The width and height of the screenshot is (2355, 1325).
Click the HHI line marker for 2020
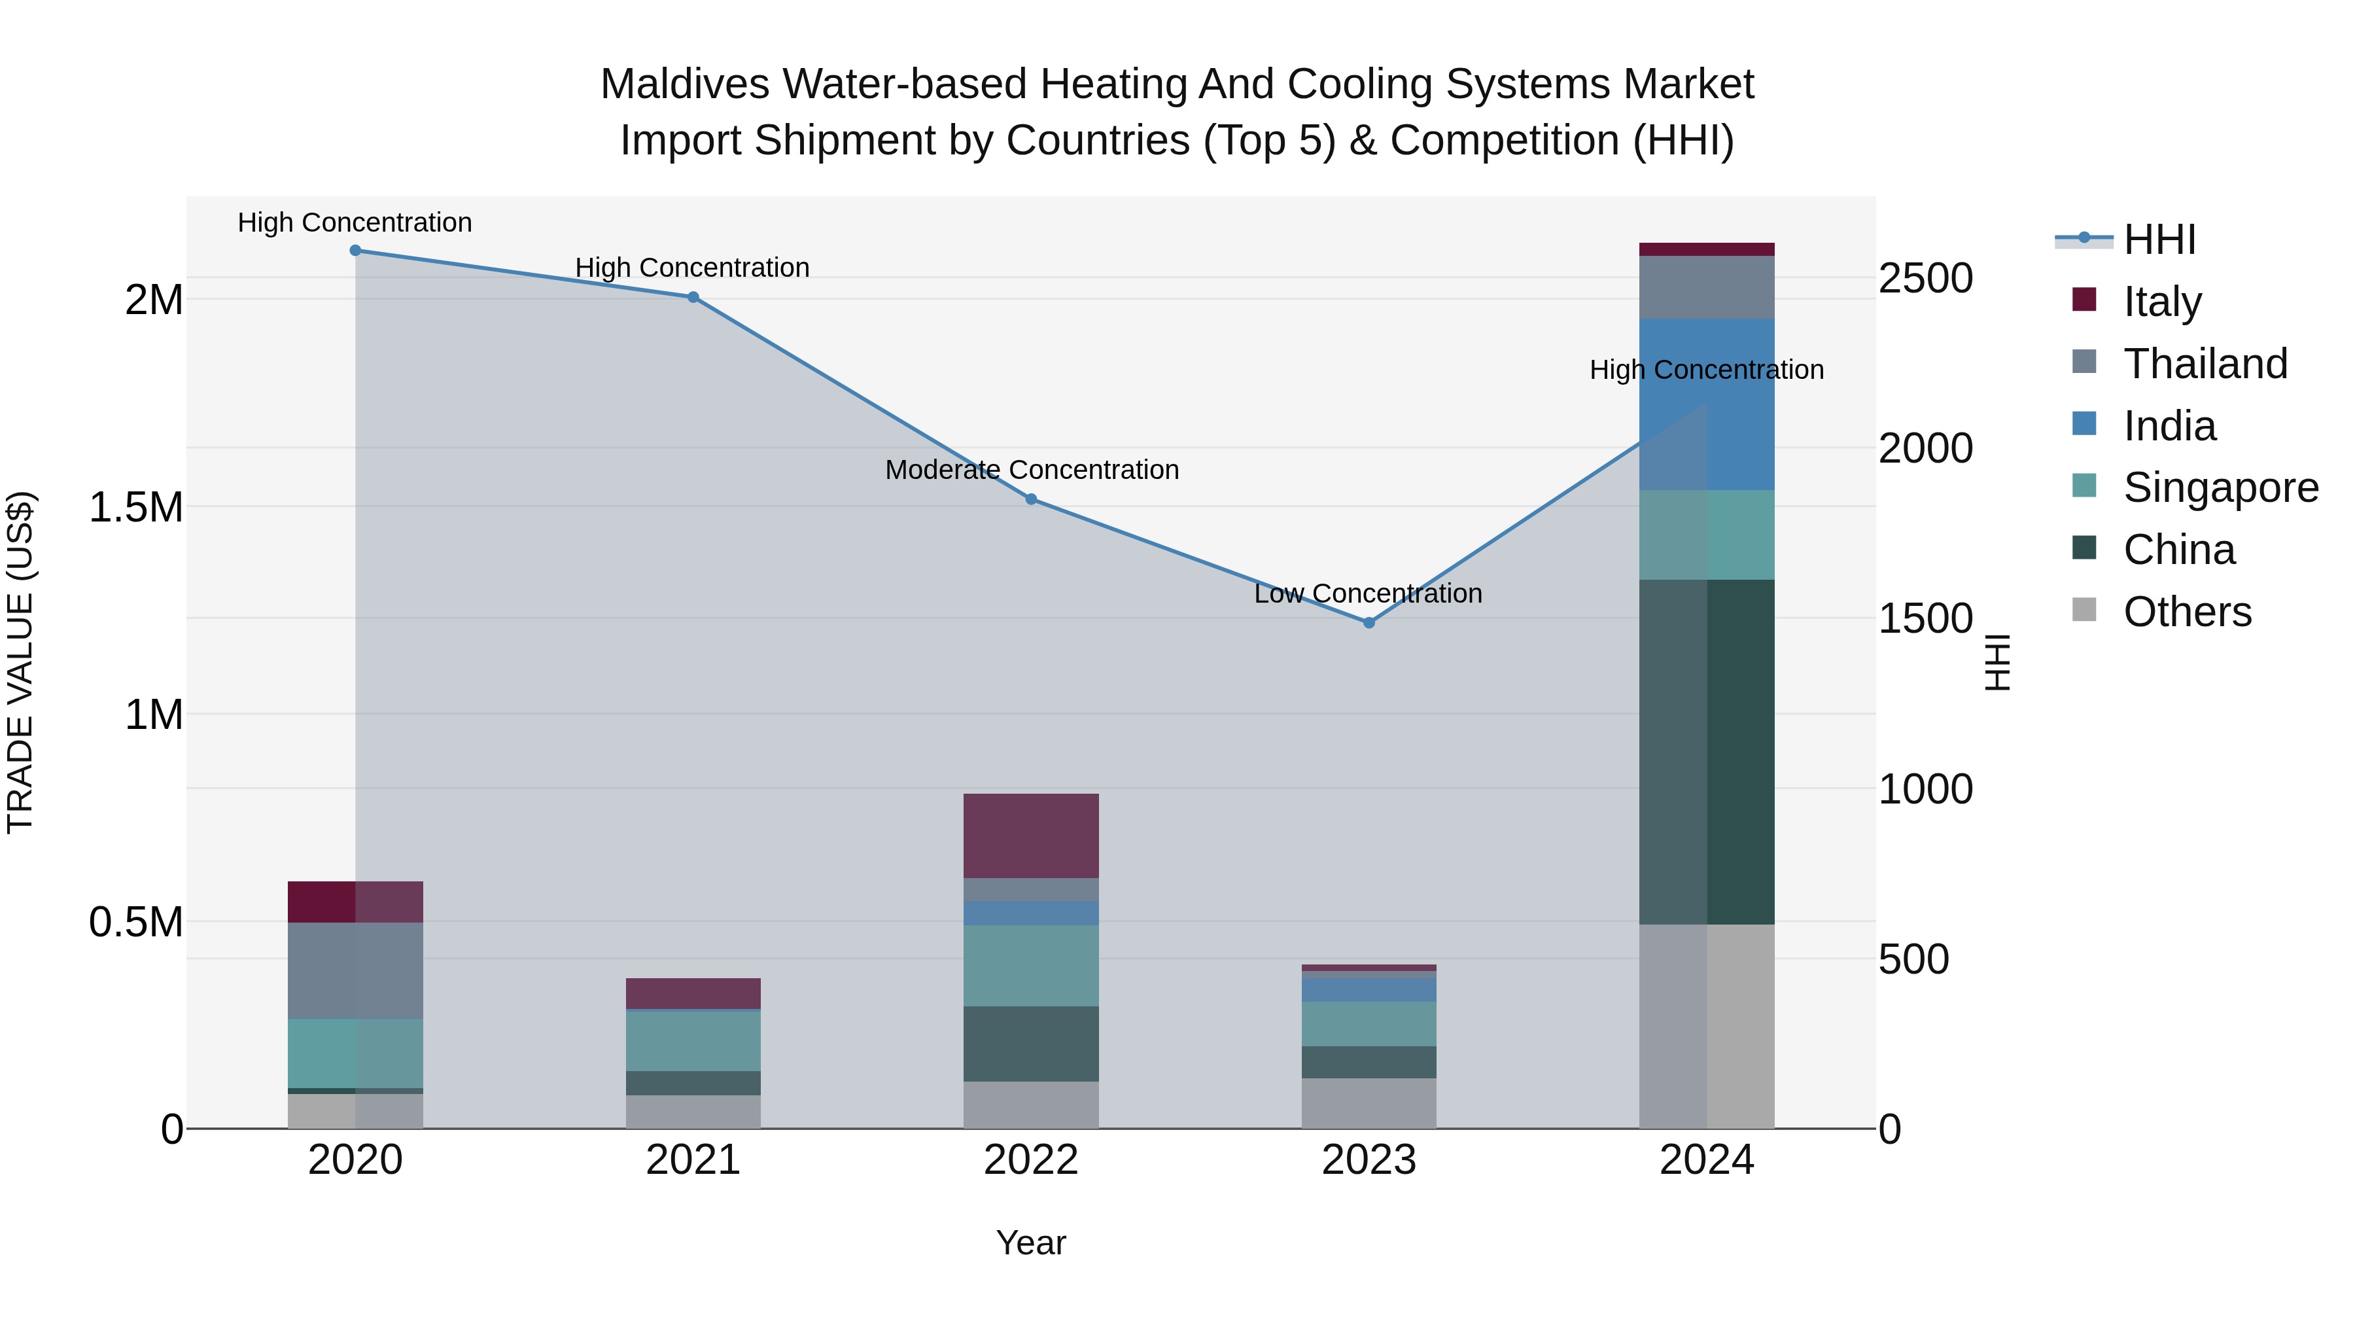pos(356,250)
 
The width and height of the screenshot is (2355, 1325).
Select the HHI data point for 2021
pos(693,297)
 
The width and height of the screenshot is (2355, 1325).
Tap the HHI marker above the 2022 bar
pos(1031,499)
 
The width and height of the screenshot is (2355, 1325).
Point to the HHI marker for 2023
pos(1369,623)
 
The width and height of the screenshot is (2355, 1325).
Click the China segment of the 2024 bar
pos(1707,752)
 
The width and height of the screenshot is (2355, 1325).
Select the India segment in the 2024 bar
pos(1707,404)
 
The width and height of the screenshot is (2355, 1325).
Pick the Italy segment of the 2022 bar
pos(1031,836)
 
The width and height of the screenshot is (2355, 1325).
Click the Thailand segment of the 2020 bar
pos(356,970)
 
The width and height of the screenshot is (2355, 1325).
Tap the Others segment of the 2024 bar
pos(1707,1026)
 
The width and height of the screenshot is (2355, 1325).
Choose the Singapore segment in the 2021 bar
pos(693,1040)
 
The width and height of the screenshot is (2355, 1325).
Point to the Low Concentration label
pos(1368,594)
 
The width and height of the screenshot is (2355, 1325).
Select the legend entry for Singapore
pos(2220,487)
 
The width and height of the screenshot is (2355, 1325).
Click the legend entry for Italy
pos(2161,302)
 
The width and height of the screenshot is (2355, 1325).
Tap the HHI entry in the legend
pos(2159,239)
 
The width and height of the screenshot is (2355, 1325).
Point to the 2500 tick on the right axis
pos(1925,278)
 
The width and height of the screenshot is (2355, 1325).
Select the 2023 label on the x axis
pos(1369,1160)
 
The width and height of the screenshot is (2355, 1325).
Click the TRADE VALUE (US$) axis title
pos(20,662)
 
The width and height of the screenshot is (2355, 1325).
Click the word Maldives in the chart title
pos(686,84)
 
